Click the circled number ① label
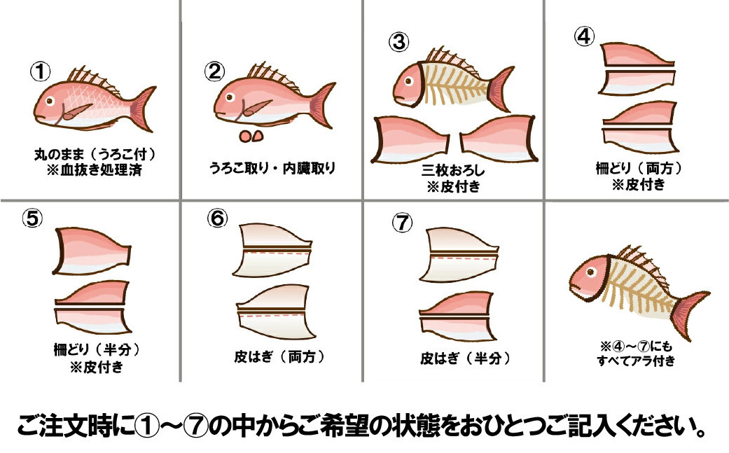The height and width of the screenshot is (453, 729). click(x=41, y=71)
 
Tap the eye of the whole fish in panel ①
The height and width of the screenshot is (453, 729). click(x=50, y=101)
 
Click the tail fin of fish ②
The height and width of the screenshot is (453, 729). click(x=321, y=105)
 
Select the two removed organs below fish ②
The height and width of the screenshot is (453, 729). click(x=251, y=136)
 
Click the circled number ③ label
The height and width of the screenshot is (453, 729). click(x=399, y=42)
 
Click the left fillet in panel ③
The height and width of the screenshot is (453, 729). click(x=410, y=139)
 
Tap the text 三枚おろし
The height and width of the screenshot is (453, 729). click(x=453, y=170)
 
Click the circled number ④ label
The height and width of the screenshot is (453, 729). click(x=585, y=36)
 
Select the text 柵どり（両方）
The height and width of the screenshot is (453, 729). click(x=639, y=168)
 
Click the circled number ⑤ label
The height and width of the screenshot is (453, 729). click(x=32, y=218)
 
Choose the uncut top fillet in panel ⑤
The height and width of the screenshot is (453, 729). click(x=92, y=251)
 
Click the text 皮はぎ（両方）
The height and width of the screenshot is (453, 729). click(x=279, y=357)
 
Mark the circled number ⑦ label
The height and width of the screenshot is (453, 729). click(x=402, y=223)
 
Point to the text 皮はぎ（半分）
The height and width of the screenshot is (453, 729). click(x=465, y=358)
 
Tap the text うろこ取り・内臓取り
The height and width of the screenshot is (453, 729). click(x=272, y=168)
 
